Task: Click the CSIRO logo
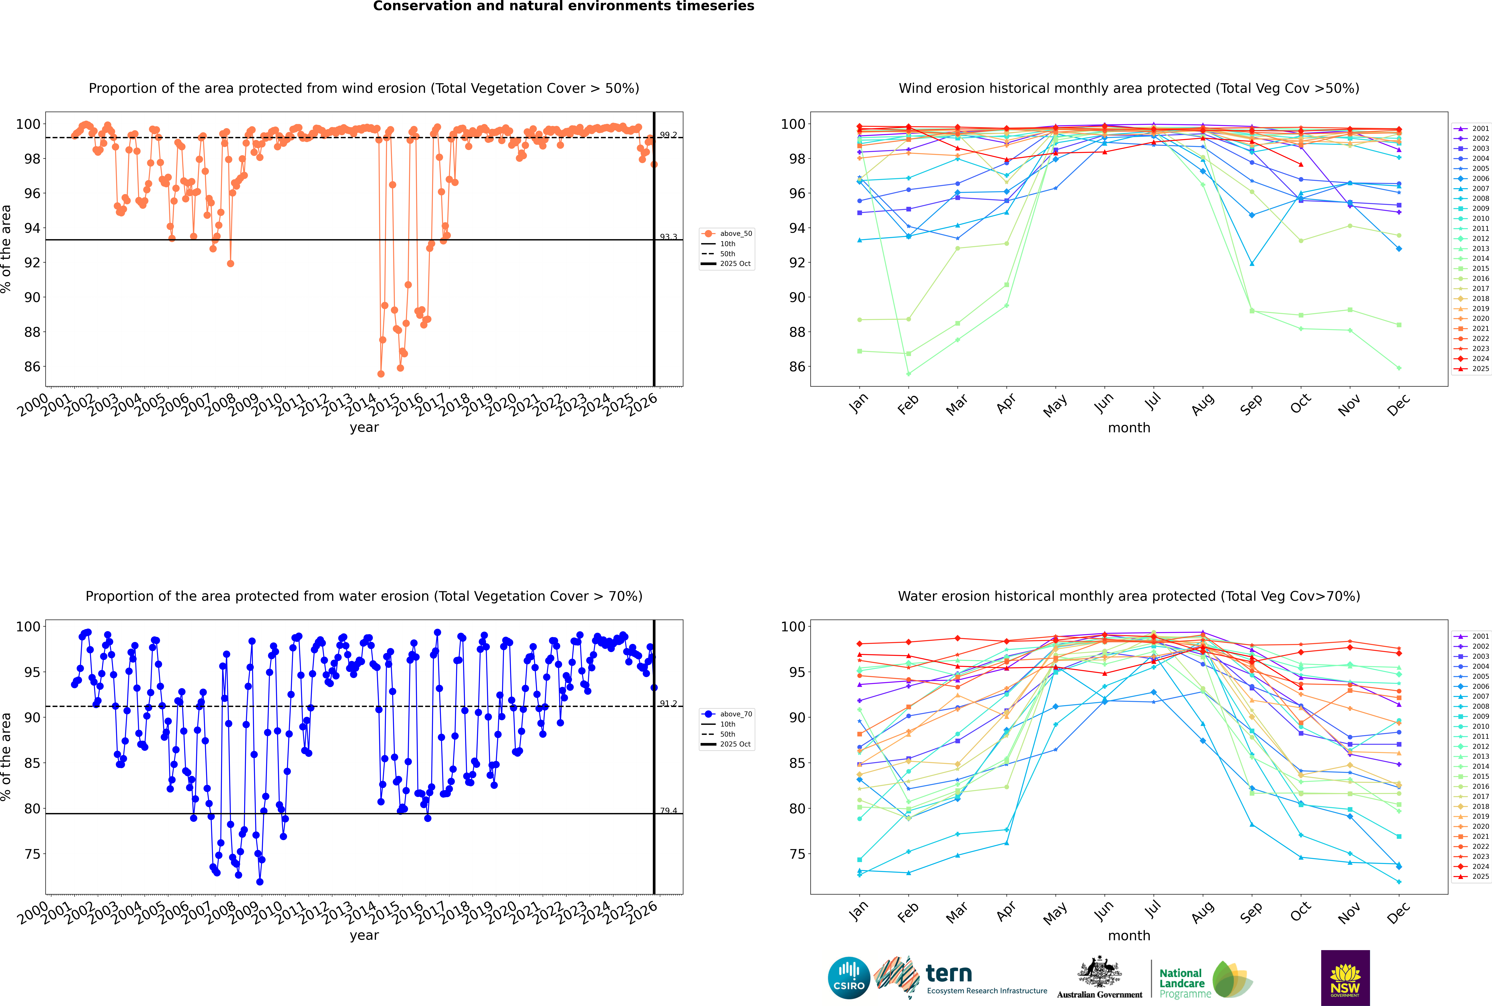tap(849, 978)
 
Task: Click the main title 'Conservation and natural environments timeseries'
tap(563, 6)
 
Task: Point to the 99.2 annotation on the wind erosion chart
tap(668, 135)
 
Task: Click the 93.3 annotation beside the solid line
tap(668, 237)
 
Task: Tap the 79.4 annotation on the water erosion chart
tap(668, 811)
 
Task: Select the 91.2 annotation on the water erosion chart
tap(668, 704)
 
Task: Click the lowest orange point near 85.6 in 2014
tap(381, 374)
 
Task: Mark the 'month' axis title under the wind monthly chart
tap(1129, 428)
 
